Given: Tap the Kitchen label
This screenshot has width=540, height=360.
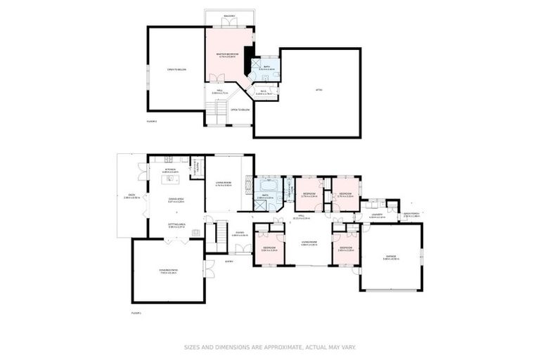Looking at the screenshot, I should click(170, 169).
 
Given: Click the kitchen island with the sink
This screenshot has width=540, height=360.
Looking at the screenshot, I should click(169, 180).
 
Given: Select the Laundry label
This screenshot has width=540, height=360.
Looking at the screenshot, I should click(377, 214).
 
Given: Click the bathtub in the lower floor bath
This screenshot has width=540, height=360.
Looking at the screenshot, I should click(269, 188).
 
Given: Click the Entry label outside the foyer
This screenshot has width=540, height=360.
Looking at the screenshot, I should click(229, 262).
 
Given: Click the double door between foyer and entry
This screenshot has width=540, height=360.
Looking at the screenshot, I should click(243, 248).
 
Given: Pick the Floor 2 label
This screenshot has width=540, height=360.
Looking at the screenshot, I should click(151, 122).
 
